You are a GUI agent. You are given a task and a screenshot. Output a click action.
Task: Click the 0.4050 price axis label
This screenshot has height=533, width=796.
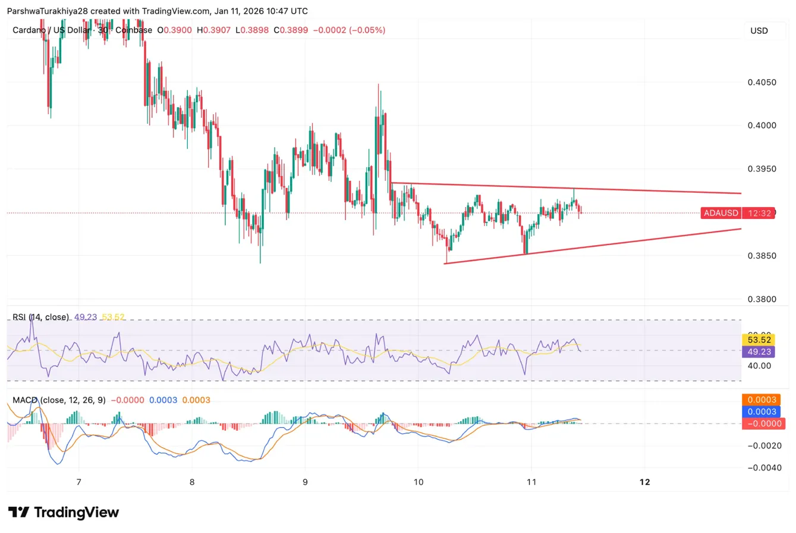[762, 81]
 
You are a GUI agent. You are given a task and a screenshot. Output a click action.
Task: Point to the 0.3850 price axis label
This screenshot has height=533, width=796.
[762, 256]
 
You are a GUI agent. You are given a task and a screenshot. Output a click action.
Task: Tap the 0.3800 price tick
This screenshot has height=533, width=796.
[762, 299]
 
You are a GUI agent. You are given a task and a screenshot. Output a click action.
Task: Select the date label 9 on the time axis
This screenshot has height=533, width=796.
[305, 482]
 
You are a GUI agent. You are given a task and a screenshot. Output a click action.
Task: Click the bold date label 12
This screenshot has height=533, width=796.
[645, 482]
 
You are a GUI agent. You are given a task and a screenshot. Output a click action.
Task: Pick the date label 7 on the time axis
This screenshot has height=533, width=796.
[78, 482]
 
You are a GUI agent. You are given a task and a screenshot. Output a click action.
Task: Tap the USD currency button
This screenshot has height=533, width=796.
[759, 30]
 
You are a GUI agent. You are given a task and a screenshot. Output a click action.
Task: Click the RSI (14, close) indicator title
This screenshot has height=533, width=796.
[40, 317]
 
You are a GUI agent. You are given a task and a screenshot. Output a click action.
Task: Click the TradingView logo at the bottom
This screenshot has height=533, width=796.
[64, 513]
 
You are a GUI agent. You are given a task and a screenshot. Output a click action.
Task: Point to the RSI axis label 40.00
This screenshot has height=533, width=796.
[760, 365]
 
